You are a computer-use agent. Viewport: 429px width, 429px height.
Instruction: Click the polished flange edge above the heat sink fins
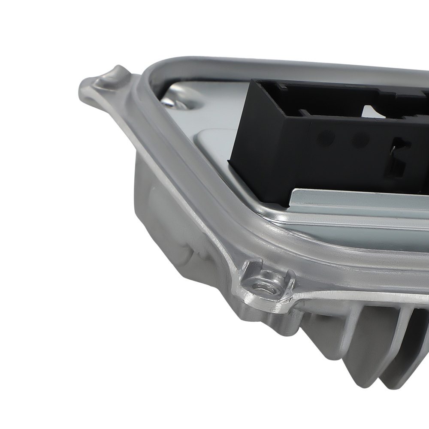(x=365, y=296)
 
